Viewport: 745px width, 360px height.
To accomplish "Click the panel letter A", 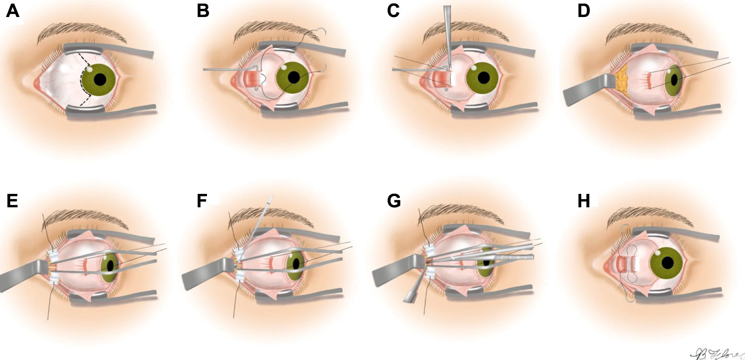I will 13,10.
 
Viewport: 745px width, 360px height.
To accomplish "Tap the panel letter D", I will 583,10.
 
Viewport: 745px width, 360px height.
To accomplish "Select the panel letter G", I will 394,201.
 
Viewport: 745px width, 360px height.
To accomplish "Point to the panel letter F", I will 202,201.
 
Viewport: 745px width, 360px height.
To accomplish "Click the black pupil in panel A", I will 100,80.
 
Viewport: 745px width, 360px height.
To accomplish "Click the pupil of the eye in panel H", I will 668,262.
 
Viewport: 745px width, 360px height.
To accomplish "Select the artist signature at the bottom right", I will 715,354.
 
